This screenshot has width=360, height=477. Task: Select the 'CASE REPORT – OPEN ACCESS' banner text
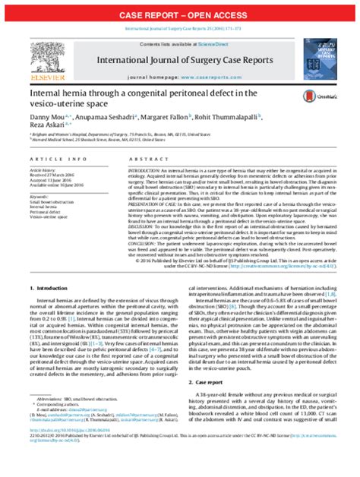pos(180,14)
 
